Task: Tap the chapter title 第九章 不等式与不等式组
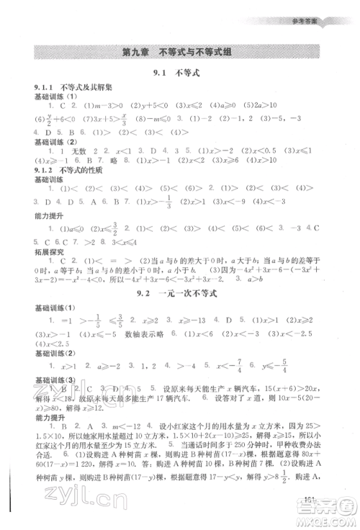point(180,52)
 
